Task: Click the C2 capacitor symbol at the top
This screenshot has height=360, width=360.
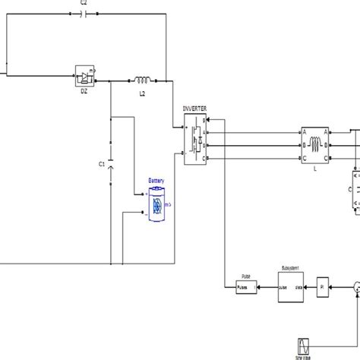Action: (84, 17)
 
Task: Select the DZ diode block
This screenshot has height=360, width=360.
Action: (84, 77)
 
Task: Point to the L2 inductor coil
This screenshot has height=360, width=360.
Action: (142, 77)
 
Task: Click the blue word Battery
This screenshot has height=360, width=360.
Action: (155, 180)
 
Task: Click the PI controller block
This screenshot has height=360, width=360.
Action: (321, 286)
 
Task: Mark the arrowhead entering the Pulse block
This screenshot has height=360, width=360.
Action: (232, 286)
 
